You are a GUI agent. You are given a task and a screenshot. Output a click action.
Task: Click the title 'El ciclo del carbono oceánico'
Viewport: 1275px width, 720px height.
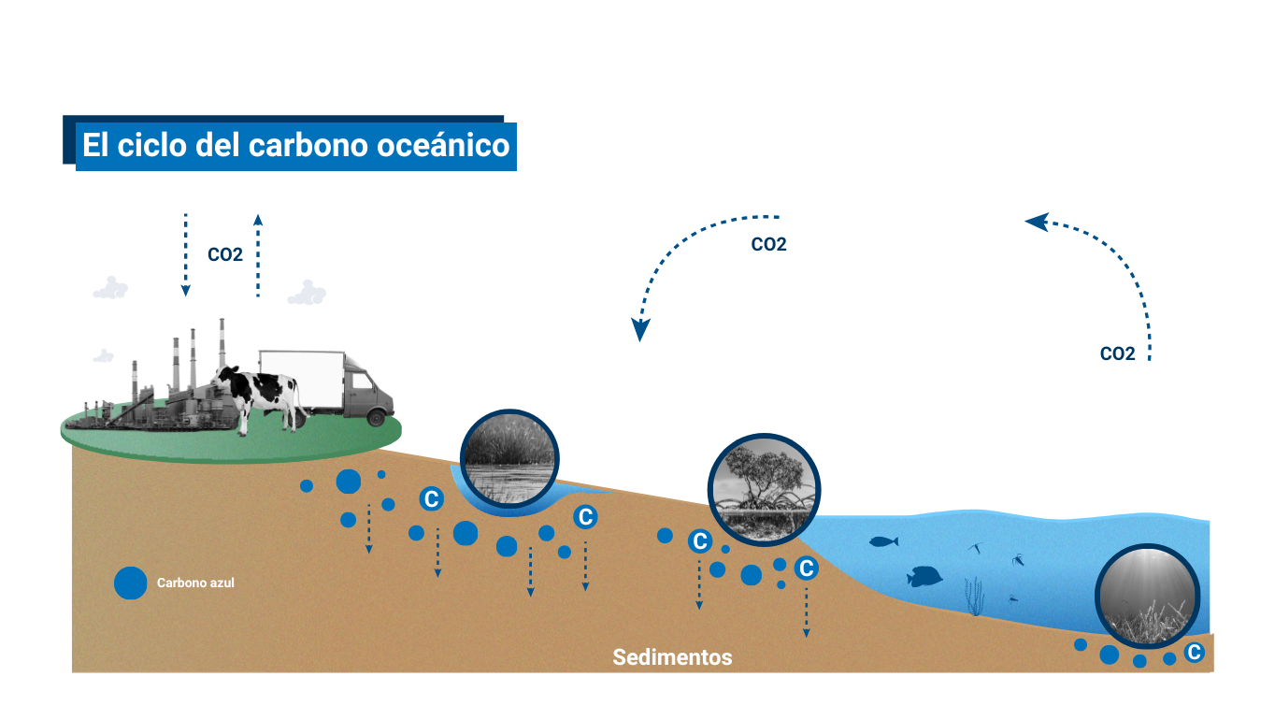[296, 145]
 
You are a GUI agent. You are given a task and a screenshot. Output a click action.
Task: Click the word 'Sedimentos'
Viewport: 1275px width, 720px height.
[672, 657]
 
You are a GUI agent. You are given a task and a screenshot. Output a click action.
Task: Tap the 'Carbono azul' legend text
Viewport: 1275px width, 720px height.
[195, 583]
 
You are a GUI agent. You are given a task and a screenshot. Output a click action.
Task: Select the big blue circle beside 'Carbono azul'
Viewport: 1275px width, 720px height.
[130, 583]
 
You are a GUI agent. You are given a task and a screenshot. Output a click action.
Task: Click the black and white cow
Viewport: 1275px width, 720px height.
[259, 399]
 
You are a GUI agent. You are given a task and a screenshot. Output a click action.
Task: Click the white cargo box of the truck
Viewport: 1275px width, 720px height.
[302, 380]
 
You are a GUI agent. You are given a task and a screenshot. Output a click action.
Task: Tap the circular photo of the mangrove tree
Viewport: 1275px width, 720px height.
[764, 490]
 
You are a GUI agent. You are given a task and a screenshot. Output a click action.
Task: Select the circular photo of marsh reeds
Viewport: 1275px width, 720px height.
[509, 459]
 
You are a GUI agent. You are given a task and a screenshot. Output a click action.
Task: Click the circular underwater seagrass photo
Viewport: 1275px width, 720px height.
[1148, 596]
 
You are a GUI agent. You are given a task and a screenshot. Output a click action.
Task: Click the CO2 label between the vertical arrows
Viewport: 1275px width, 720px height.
[225, 254]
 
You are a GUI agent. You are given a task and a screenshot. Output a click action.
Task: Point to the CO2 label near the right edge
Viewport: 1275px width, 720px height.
[1117, 353]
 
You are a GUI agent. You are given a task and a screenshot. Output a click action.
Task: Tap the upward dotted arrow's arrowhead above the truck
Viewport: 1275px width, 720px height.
[258, 220]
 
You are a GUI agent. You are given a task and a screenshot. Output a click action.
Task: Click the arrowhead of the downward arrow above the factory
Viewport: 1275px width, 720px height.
[186, 290]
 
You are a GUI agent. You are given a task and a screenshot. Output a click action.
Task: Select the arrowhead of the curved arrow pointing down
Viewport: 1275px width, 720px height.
[640, 329]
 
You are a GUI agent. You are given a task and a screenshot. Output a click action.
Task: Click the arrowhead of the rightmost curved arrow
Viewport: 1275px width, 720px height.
[1037, 222]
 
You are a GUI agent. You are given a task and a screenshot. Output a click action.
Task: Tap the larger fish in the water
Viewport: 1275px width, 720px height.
[924, 577]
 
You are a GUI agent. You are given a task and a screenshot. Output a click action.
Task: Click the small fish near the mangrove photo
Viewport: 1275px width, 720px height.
[883, 541]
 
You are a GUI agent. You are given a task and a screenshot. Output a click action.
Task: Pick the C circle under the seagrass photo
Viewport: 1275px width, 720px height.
[1195, 653]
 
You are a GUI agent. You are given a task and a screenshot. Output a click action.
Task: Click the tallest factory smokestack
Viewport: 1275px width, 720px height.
[222, 345]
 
